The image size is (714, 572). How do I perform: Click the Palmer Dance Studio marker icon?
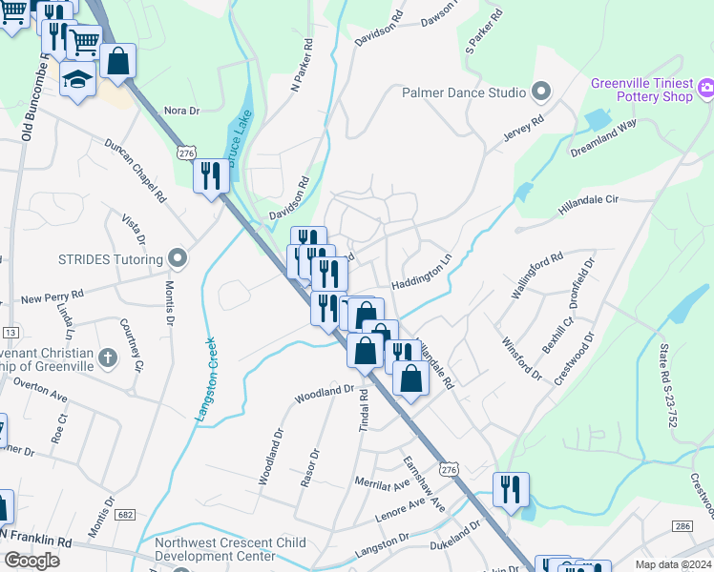tap(542, 92)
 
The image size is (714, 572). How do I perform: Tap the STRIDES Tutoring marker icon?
tap(176, 257)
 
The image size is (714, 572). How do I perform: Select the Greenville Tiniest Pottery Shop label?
tap(641, 90)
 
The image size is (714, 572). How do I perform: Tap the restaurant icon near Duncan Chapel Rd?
tap(210, 175)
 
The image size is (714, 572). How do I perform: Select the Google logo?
tap(31, 560)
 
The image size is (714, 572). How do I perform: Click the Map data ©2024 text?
tap(673, 564)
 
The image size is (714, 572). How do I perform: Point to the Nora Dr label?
tap(181, 111)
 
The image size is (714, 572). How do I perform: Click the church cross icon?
tap(108, 357)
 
